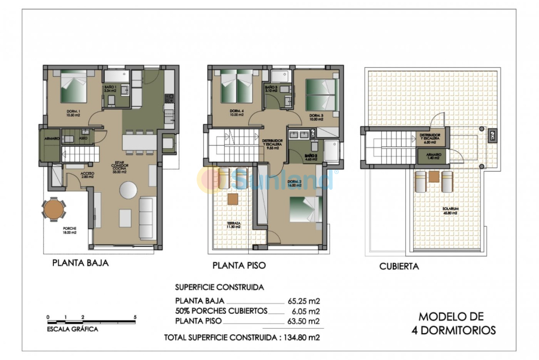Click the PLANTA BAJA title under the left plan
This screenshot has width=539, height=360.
[x=80, y=262]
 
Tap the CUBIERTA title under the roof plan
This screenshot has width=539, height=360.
[x=399, y=266]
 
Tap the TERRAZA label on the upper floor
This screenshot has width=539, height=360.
[x=233, y=226]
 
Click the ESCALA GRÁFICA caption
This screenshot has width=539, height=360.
[x=72, y=329]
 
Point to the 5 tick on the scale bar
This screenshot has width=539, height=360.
[x=135, y=317]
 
